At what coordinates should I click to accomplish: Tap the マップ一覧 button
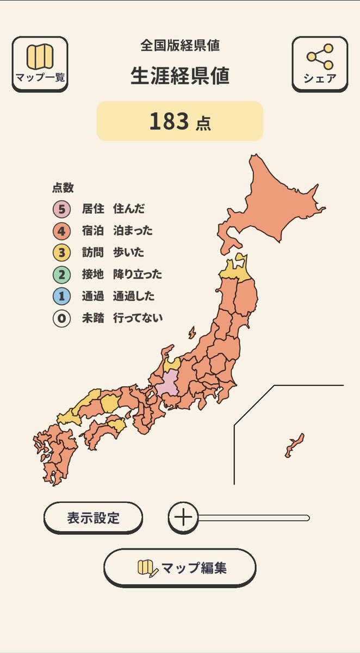40,63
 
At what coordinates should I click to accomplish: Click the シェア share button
319,63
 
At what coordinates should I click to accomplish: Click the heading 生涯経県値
179,76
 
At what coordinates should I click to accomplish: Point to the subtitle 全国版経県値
179,46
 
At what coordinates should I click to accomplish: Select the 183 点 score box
179,121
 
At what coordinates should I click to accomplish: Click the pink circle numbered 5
61,209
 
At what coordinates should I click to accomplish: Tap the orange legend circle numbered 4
61,231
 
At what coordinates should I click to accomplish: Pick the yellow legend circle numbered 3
61,252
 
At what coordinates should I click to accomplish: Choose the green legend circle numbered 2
61,274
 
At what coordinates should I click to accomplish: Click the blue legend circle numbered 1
61,297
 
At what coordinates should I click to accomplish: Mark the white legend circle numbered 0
61,318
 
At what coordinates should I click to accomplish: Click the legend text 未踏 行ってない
122,318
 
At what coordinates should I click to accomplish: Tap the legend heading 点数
63,188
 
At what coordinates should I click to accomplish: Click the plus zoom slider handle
183,518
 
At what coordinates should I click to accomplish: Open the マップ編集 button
179,568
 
